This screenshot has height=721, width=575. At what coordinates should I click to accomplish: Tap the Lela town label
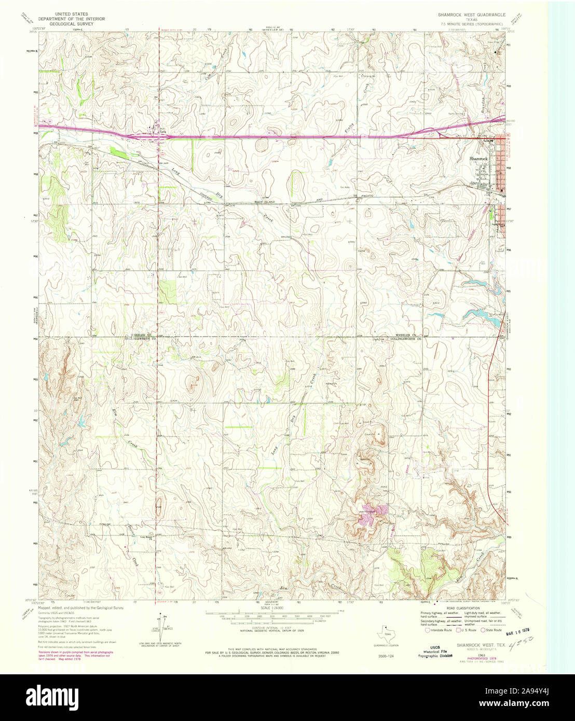[162, 132]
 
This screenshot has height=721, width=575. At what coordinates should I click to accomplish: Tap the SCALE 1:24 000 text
[271, 606]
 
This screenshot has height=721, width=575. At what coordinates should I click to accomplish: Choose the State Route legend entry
[492, 630]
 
